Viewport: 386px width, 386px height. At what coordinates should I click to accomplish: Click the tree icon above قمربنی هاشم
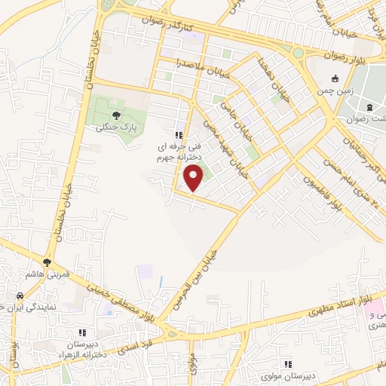[x=48, y=263]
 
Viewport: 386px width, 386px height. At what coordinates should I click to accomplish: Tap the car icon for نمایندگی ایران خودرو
[x=20, y=295]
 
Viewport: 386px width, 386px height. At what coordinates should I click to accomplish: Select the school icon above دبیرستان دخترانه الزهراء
[x=83, y=332]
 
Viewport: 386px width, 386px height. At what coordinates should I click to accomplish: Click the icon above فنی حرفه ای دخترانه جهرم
[x=178, y=134]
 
